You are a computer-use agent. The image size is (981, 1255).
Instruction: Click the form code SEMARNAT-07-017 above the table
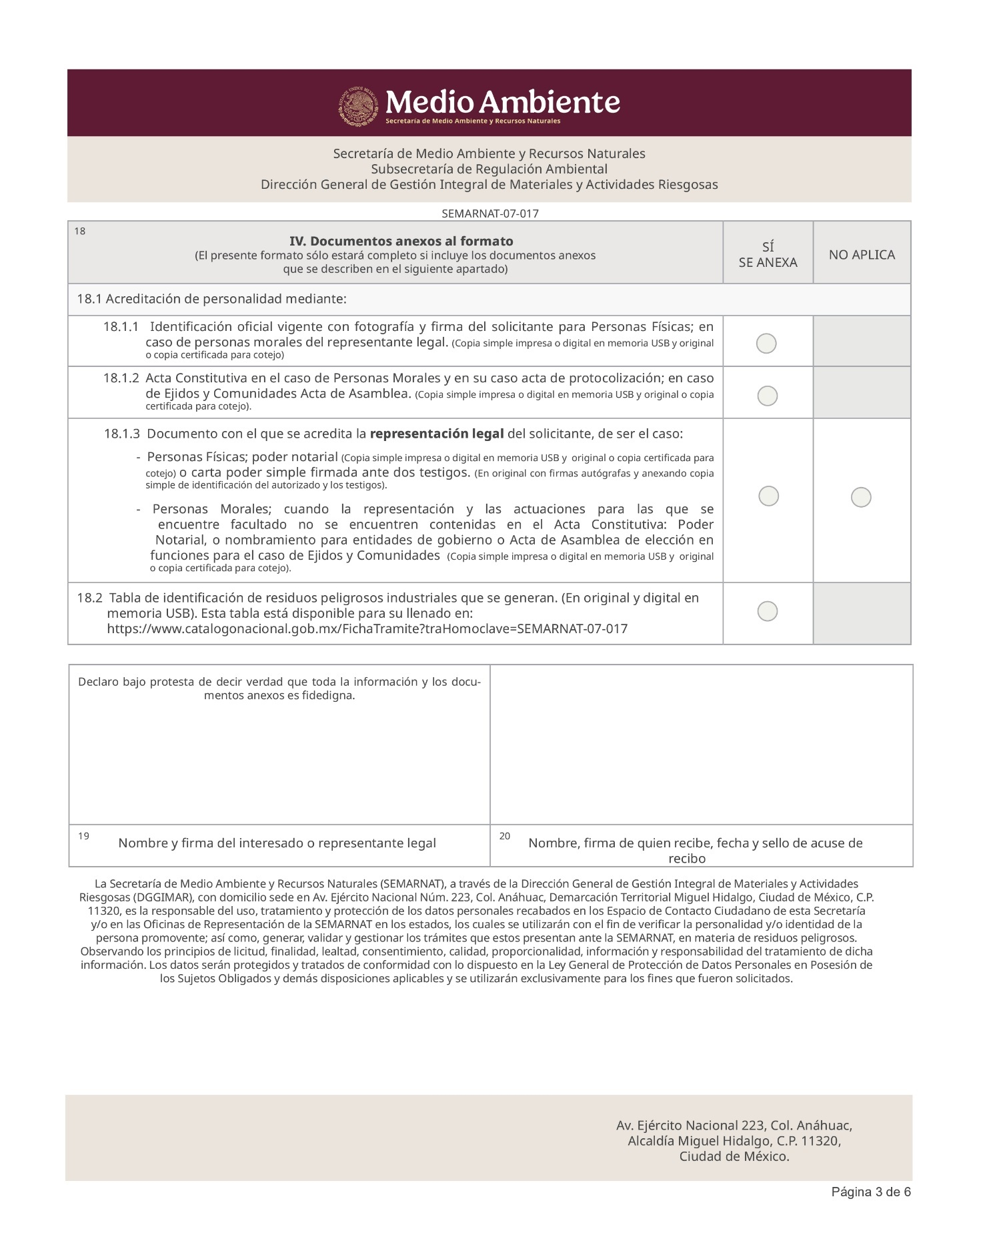490,214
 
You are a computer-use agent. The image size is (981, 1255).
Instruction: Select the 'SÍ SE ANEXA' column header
768,255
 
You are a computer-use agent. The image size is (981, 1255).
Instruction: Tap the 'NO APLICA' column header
862,255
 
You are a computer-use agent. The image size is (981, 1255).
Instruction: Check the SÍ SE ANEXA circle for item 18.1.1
767,344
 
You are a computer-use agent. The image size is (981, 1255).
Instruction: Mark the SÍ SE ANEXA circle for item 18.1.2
768,396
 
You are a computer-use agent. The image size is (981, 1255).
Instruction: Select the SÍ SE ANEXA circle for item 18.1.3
769,496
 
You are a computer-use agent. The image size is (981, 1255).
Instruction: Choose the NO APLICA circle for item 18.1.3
861,497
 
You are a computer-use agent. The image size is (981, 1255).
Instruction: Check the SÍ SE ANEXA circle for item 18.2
768,611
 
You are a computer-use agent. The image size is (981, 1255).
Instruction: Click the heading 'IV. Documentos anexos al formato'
401,241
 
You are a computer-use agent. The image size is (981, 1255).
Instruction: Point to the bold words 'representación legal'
437,434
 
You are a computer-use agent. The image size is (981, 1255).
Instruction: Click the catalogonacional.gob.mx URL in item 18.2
367,629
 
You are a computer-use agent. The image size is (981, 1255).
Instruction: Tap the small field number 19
83,836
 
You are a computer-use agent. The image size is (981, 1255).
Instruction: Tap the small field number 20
505,836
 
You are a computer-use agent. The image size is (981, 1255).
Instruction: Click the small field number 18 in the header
79,232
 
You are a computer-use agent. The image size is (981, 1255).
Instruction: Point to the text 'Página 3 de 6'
871,1192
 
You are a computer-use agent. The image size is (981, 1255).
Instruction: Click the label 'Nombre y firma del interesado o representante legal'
277,843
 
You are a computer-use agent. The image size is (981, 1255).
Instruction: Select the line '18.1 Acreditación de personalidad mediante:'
211,299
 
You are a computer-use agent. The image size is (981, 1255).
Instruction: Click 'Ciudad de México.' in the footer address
734,1156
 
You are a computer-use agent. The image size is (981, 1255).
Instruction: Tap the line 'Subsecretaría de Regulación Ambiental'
489,169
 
